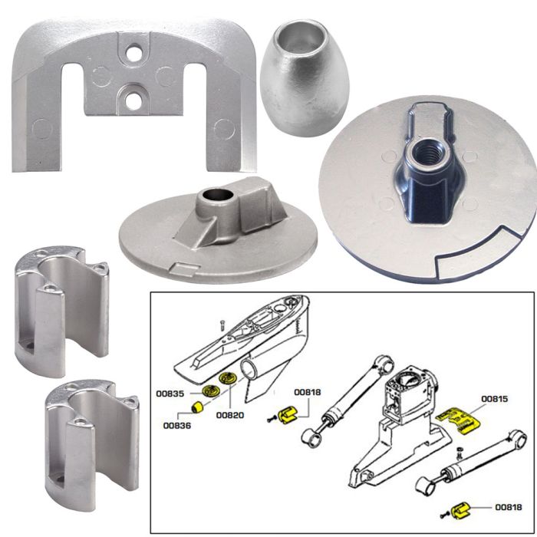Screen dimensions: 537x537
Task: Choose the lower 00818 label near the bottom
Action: pos(509,507)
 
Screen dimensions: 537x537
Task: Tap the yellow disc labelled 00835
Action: pos(206,390)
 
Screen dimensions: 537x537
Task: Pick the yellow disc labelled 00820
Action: pos(228,381)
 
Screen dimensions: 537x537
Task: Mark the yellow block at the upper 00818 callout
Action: pos(288,415)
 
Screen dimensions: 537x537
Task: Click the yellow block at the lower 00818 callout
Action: pos(462,509)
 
